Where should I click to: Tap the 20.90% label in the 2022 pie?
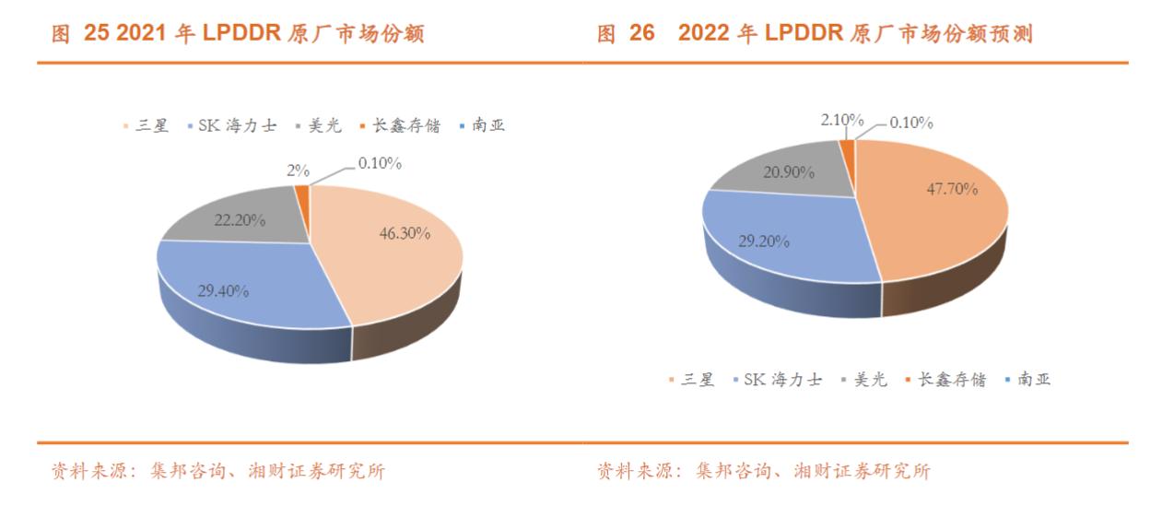[785, 171]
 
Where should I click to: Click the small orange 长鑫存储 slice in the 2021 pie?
[301, 193]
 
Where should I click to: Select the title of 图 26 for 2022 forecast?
[815, 35]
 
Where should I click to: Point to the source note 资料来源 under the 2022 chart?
[764, 472]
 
